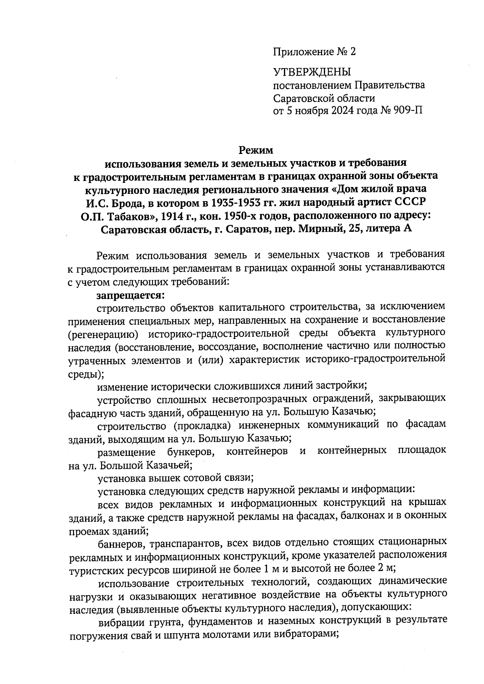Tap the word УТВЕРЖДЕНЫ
[x=312, y=73]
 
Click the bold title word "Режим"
[x=256, y=150]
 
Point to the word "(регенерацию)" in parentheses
[x=102, y=333]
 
